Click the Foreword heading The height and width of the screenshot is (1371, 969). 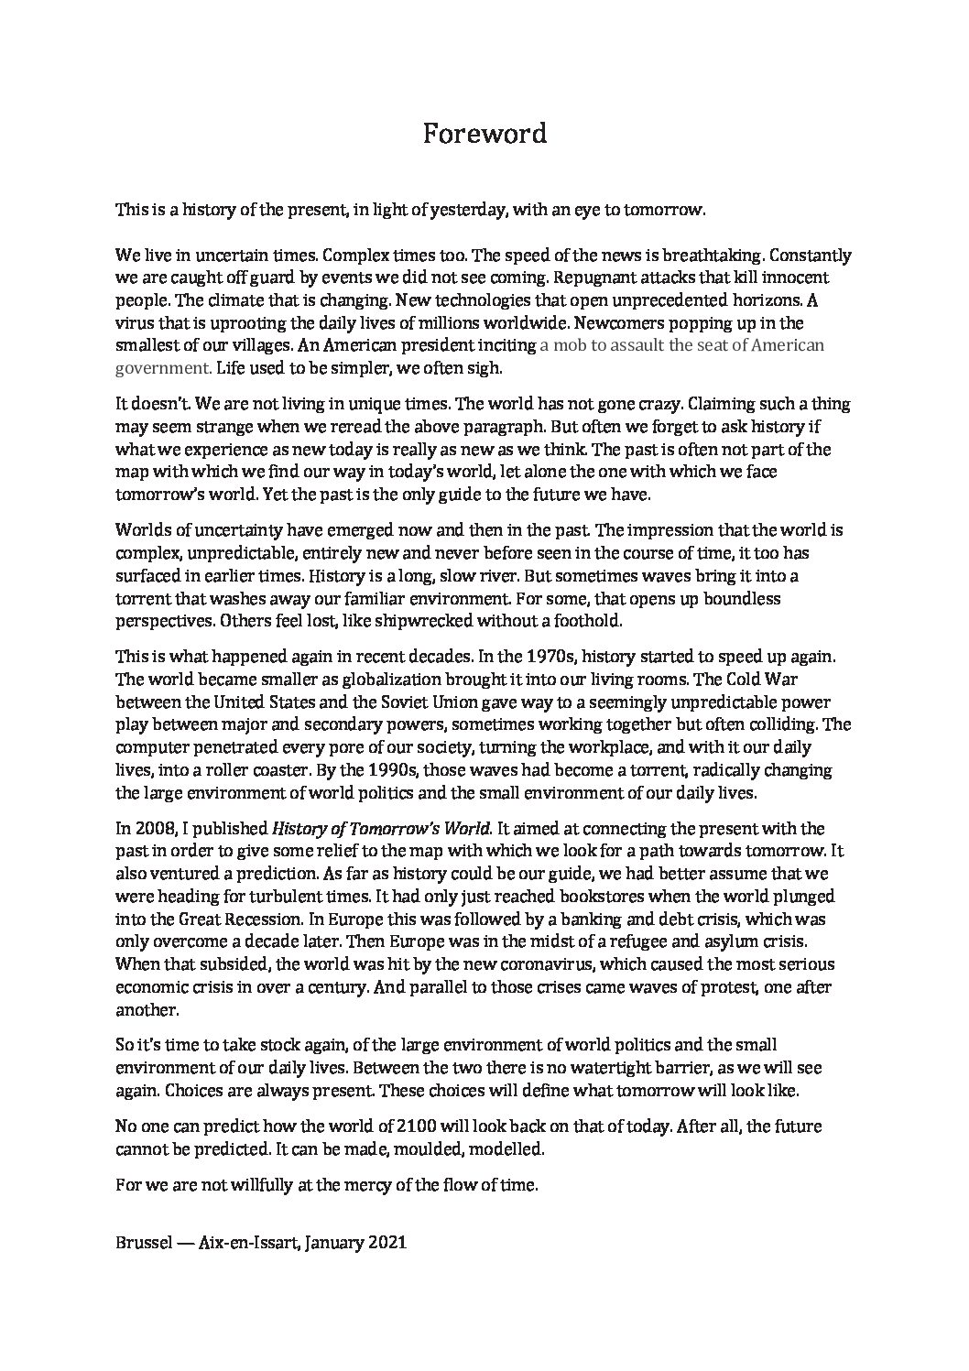point(484,134)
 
